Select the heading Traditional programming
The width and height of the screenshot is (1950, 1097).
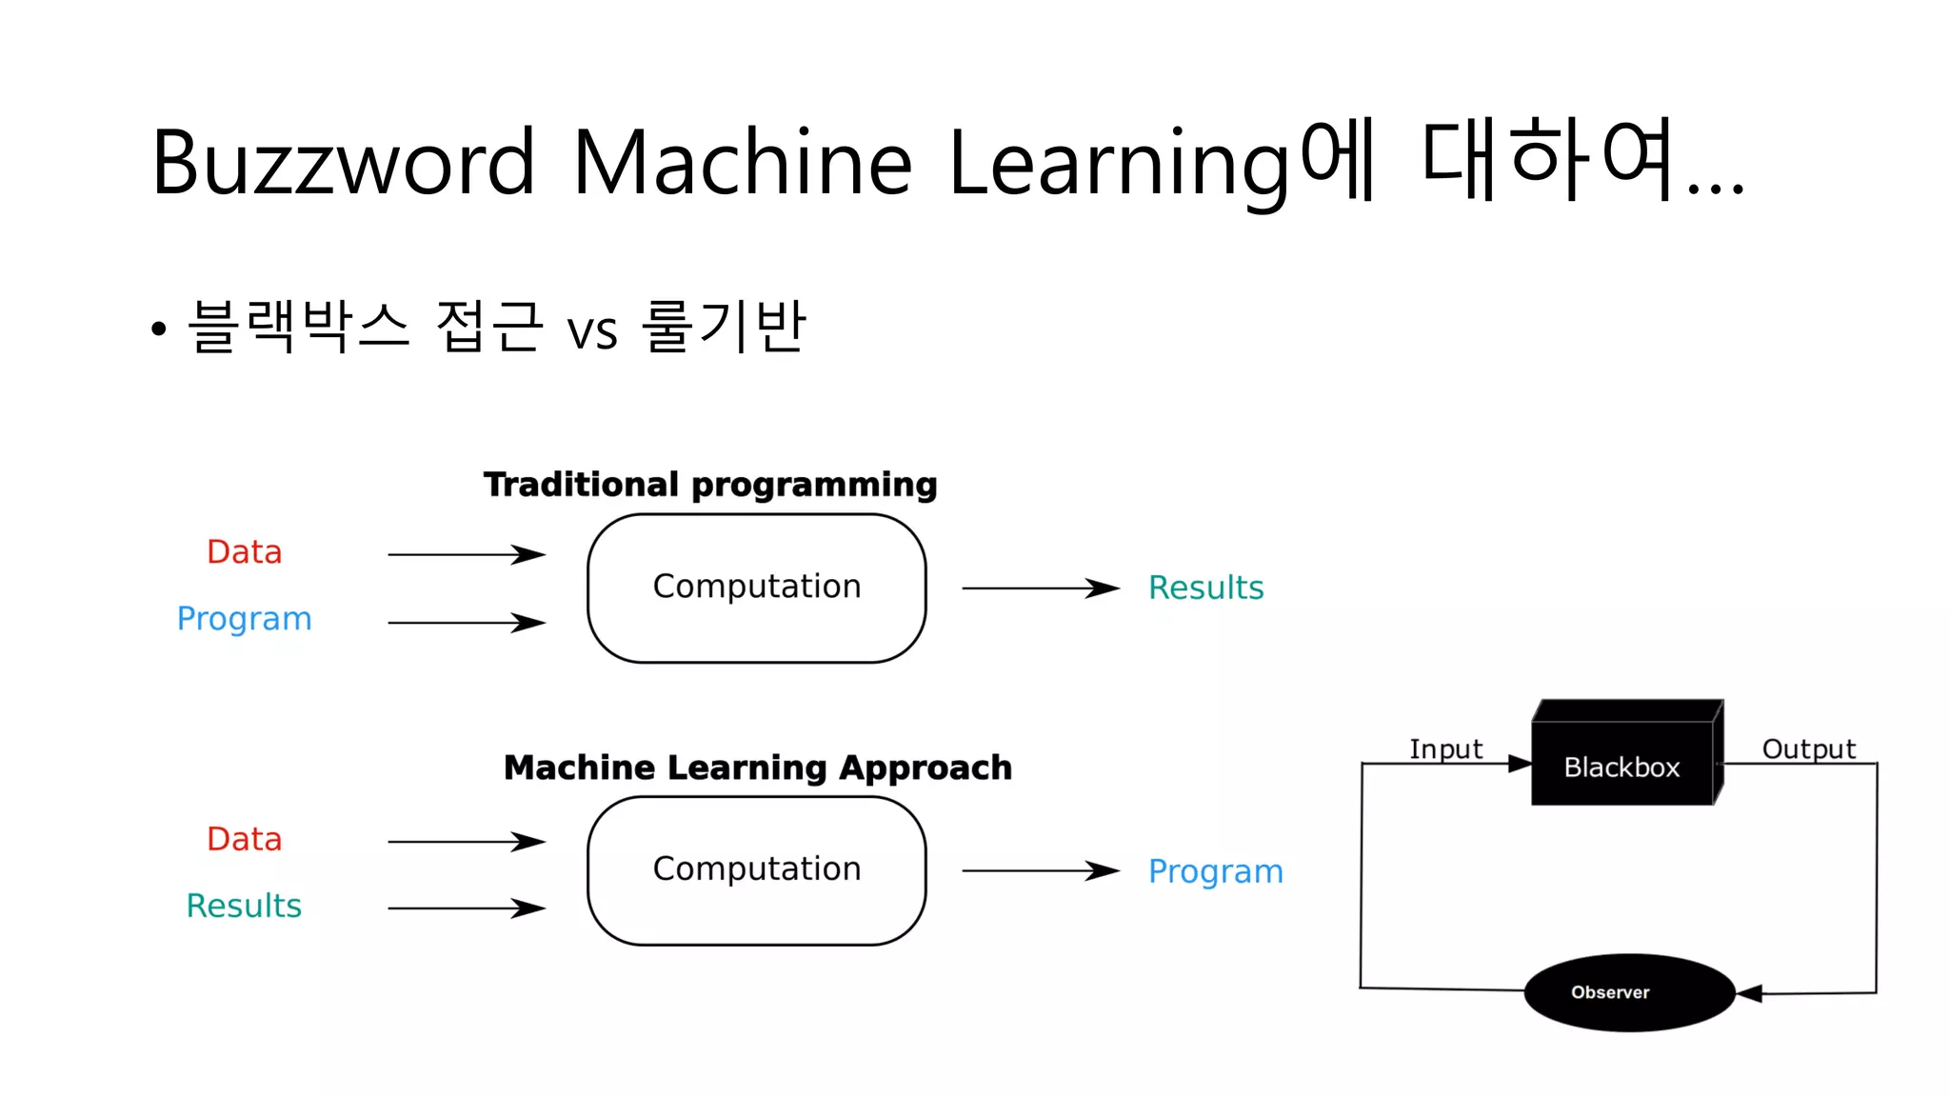coord(710,485)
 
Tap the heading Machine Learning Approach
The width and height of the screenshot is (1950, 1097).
coord(757,768)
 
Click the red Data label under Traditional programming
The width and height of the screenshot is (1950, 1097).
coord(245,552)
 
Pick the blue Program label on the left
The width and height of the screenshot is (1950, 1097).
coord(245,619)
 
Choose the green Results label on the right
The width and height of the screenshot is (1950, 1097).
coord(1205,588)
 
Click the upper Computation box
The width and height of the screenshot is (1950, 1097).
coord(756,588)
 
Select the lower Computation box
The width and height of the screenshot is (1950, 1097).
coord(756,870)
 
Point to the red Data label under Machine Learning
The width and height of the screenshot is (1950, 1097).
coord(245,840)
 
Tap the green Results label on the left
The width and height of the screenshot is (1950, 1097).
coord(244,906)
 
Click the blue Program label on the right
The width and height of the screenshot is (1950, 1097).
coord(1215,871)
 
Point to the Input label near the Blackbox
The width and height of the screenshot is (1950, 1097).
coord(1445,749)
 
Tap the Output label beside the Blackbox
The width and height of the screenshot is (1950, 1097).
coord(1808,749)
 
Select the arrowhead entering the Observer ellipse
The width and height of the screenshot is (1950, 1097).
coord(1750,993)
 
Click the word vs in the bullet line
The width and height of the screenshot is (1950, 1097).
coord(592,331)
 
